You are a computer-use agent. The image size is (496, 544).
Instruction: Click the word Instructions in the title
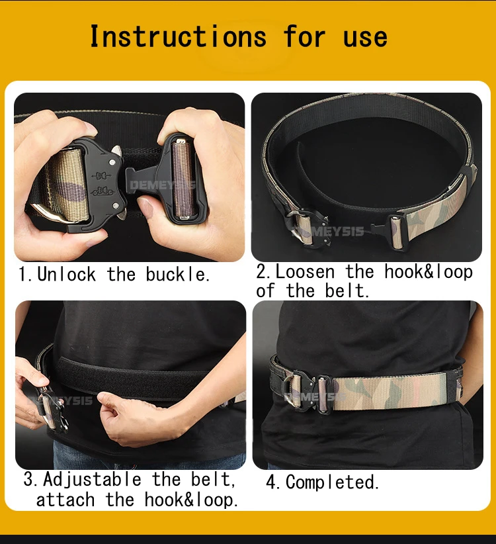[x=178, y=36]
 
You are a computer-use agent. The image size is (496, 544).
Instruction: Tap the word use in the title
[x=365, y=38]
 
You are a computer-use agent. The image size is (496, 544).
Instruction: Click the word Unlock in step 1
[x=67, y=275]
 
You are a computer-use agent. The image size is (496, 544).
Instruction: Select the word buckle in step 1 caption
[x=176, y=275]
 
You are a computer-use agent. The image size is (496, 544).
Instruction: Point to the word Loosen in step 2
[x=305, y=271]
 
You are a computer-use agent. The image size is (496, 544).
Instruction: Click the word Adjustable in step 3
[x=92, y=480]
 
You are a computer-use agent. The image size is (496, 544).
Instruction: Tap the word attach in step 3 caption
[x=65, y=500]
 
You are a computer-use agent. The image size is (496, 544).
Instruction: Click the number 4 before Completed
[x=271, y=482]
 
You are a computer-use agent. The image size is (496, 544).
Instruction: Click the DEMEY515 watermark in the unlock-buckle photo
[x=162, y=185]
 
